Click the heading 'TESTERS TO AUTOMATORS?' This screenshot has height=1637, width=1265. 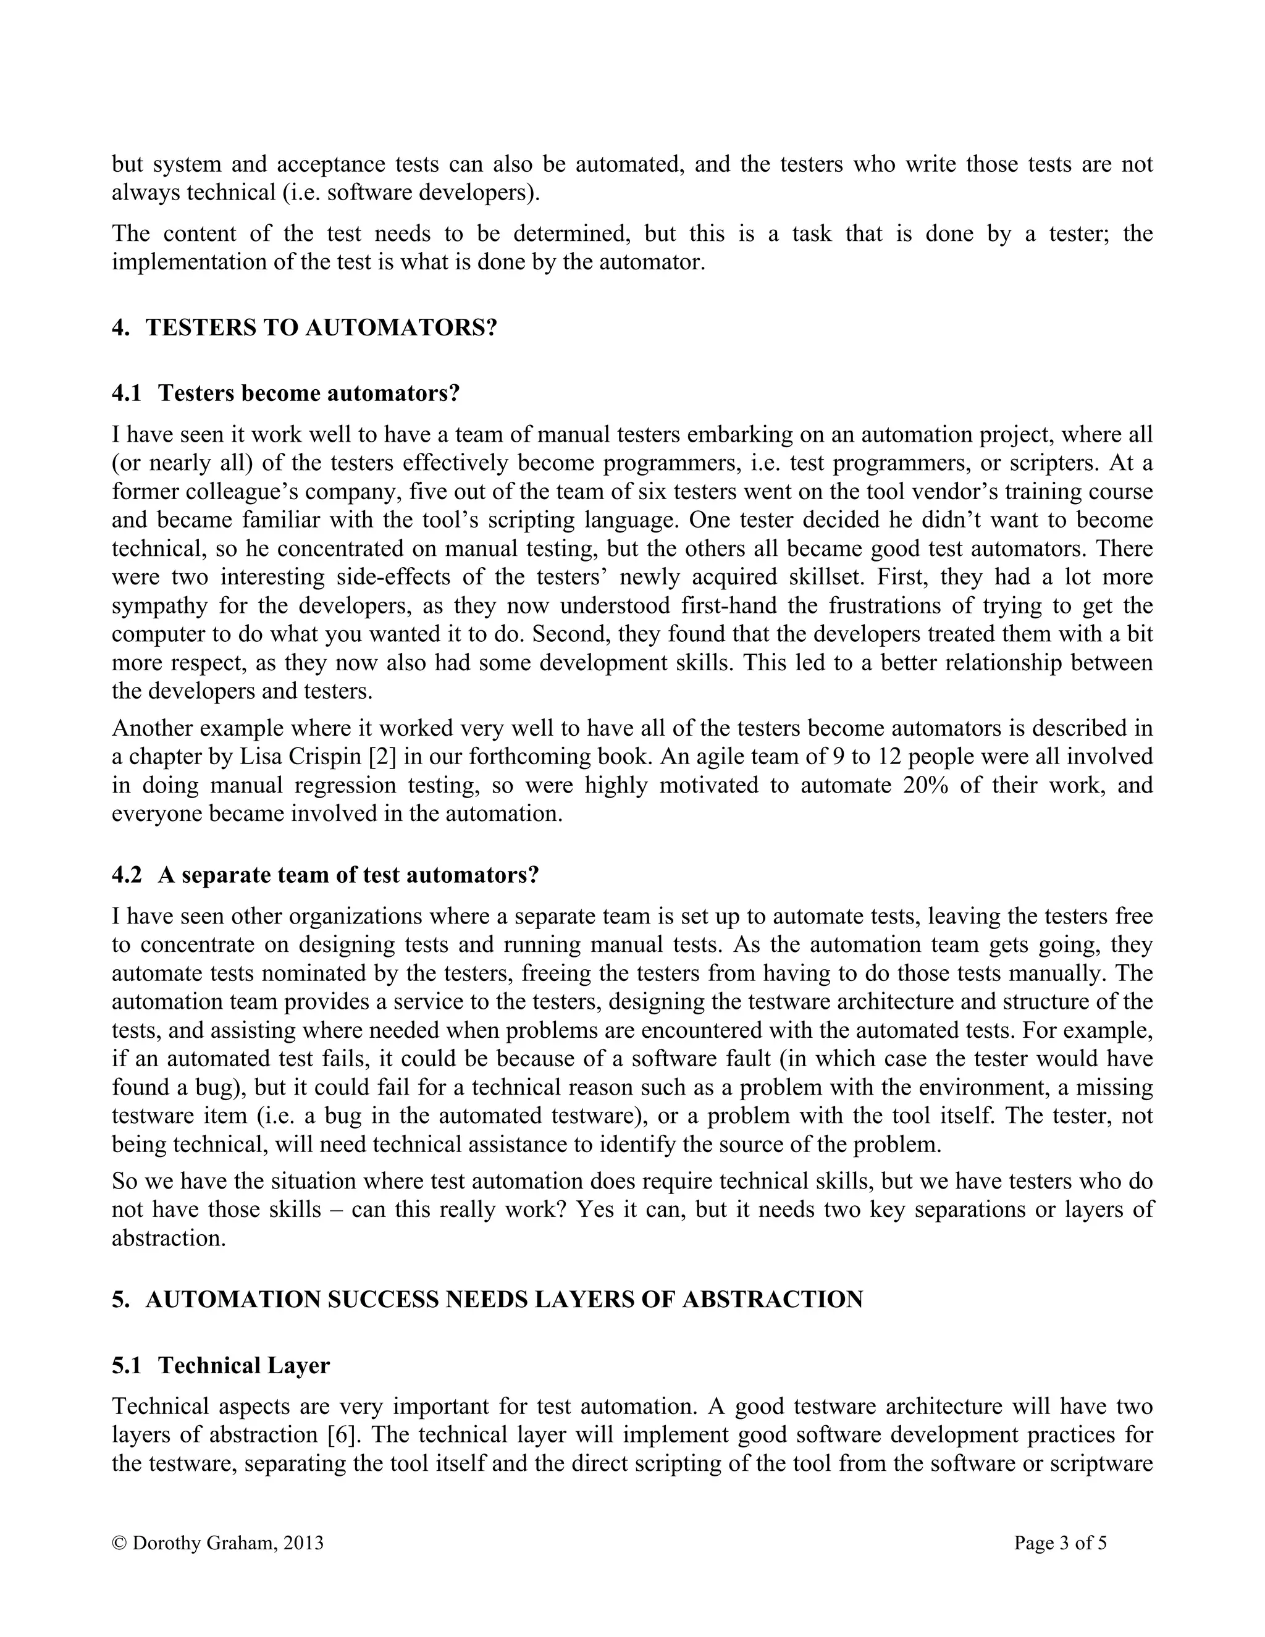[321, 327]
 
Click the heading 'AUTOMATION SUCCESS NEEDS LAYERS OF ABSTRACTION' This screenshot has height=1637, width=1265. [503, 1299]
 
